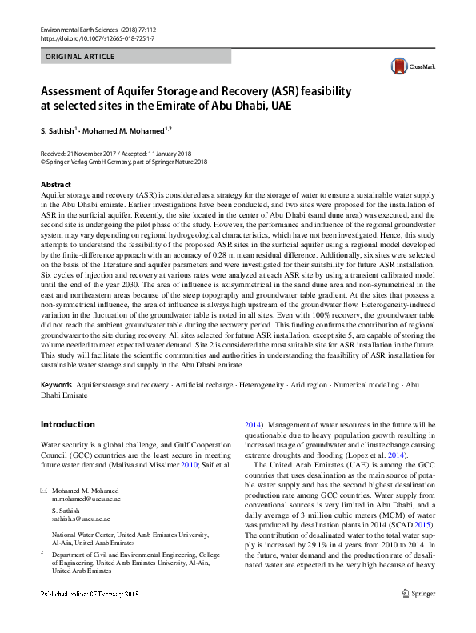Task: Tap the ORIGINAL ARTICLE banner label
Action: coord(81,57)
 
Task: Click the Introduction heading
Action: coord(67,424)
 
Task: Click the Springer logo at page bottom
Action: coord(419,616)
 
